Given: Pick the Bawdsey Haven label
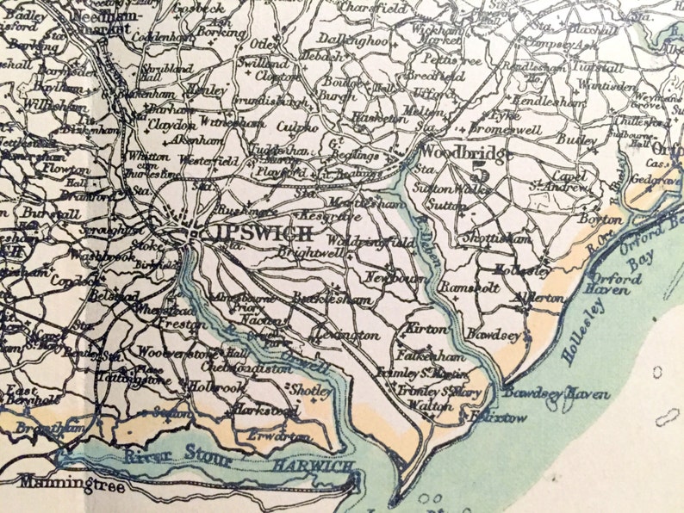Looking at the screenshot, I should (556, 393).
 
